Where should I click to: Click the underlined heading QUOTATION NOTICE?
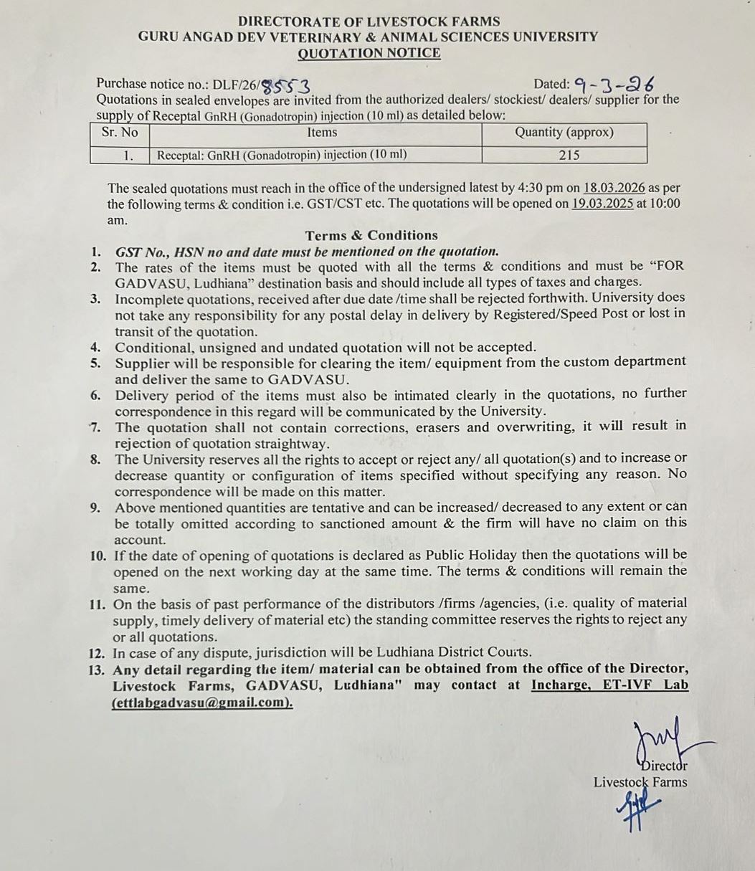[369, 53]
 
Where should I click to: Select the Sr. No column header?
[120, 133]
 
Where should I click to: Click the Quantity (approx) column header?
[564, 133]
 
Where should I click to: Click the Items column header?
[322, 133]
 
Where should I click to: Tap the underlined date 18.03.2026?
[614, 189]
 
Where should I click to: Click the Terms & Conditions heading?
[371, 236]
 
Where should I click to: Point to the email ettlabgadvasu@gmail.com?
[202, 703]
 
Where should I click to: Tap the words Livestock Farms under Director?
[640, 782]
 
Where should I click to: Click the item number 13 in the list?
[99, 670]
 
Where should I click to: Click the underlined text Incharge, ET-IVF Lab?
[609, 685]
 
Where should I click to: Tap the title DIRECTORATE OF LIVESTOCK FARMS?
[369, 22]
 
